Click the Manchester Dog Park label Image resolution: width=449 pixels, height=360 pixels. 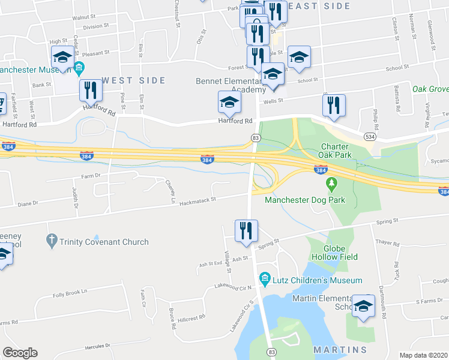pos(306,200)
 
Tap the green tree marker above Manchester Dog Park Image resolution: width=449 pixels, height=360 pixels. pos(330,182)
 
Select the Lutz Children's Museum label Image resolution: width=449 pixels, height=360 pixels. pos(318,280)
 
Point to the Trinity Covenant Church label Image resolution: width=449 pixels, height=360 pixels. pos(104,242)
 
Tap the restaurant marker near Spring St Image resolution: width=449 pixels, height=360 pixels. pos(246,231)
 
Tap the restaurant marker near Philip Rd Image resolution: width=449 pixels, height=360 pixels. pos(334,105)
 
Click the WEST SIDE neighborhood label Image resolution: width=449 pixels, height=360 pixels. pos(133,80)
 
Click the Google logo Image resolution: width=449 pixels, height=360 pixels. pos(20,353)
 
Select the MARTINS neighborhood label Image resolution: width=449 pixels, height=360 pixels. pos(340,350)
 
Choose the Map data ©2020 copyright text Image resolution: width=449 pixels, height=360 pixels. pos(424,355)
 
